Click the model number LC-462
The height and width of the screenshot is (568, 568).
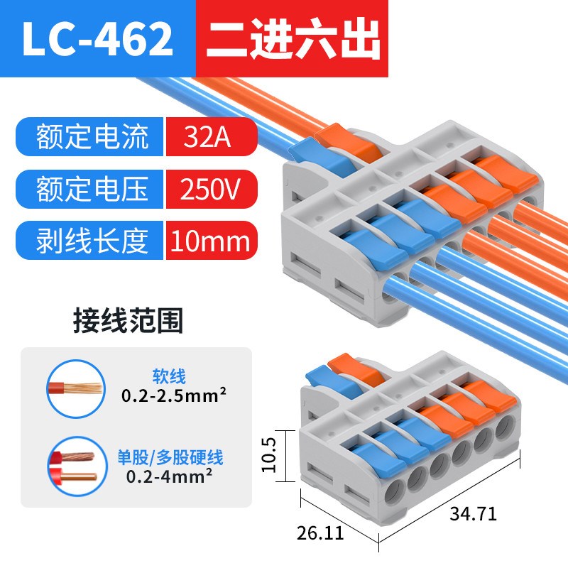tap(97, 40)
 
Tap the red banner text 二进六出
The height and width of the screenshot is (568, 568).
tap(293, 40)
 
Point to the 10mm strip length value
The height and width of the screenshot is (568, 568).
tap(209, 241)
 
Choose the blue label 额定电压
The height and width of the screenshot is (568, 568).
tap(92, 189)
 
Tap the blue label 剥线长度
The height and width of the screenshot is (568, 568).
tap(92, 241)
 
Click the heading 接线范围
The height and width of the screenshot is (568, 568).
tap(128, 321)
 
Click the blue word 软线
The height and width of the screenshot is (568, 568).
tap(168, 376)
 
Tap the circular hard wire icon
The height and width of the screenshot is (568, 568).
tap(76, 466)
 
